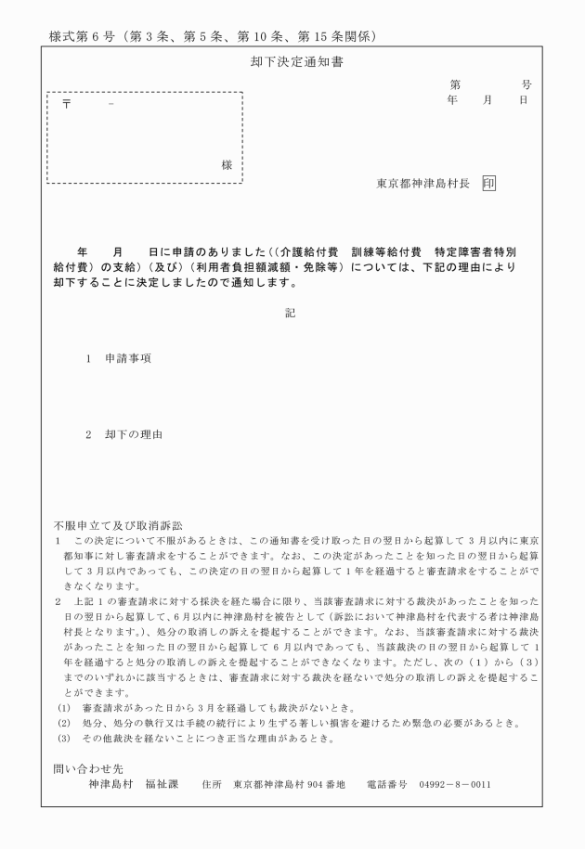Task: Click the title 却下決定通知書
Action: (x=291, y=63)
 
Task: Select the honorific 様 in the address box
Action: (x=226, y=164)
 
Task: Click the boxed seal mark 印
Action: (x=488, y=183)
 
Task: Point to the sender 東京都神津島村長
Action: (x=423, y=183)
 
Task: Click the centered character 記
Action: (x=291, y=313)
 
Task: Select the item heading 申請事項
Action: (x=128, y=357)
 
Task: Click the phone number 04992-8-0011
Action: (x=455, y=784)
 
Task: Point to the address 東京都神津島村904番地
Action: (x=290, y=784)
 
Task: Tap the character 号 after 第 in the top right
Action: (x=526, y=84)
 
